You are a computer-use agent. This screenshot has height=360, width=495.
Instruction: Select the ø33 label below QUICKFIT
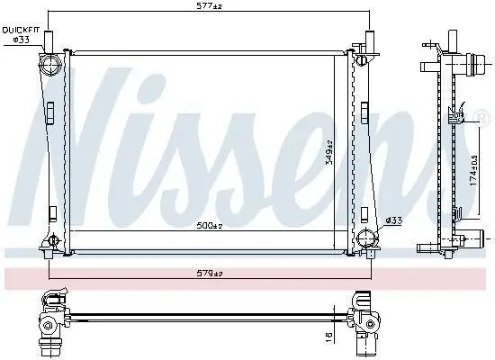(x=22, y=40)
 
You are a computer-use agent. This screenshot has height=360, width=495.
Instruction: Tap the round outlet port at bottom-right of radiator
(x=365, y=238)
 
